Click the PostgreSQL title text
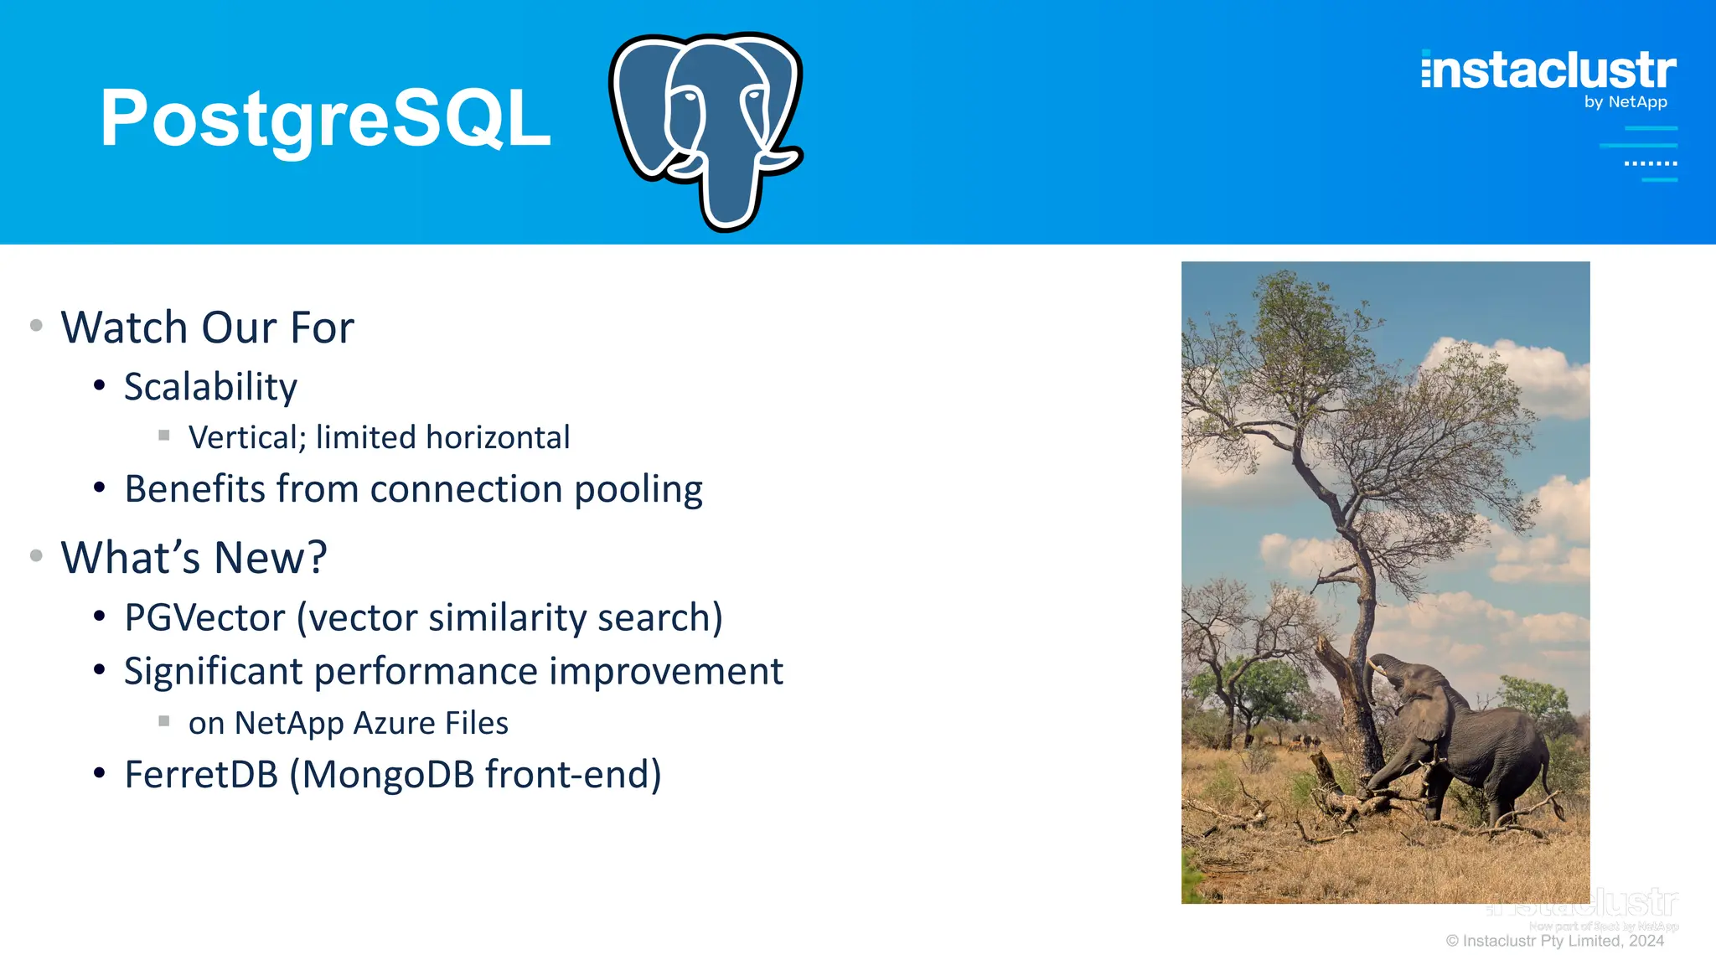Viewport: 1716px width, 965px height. [325, 119]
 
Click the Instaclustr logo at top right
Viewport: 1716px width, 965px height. [1548, 70]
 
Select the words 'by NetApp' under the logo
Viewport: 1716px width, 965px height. [1625, 102]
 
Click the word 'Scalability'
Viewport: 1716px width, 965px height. [210, 387]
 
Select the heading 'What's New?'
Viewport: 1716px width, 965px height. [194, 558]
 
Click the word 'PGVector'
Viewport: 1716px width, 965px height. [204, 618]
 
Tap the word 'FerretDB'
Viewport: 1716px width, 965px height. [200, 775]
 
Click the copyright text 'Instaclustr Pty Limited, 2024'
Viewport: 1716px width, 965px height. [1562, 941]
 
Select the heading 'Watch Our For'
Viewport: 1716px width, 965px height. [207, 328]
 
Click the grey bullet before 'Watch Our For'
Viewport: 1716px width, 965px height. [36, 325]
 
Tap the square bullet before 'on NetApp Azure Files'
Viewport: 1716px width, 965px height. [164, 720]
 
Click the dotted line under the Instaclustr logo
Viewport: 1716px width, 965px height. [1650, 163]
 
